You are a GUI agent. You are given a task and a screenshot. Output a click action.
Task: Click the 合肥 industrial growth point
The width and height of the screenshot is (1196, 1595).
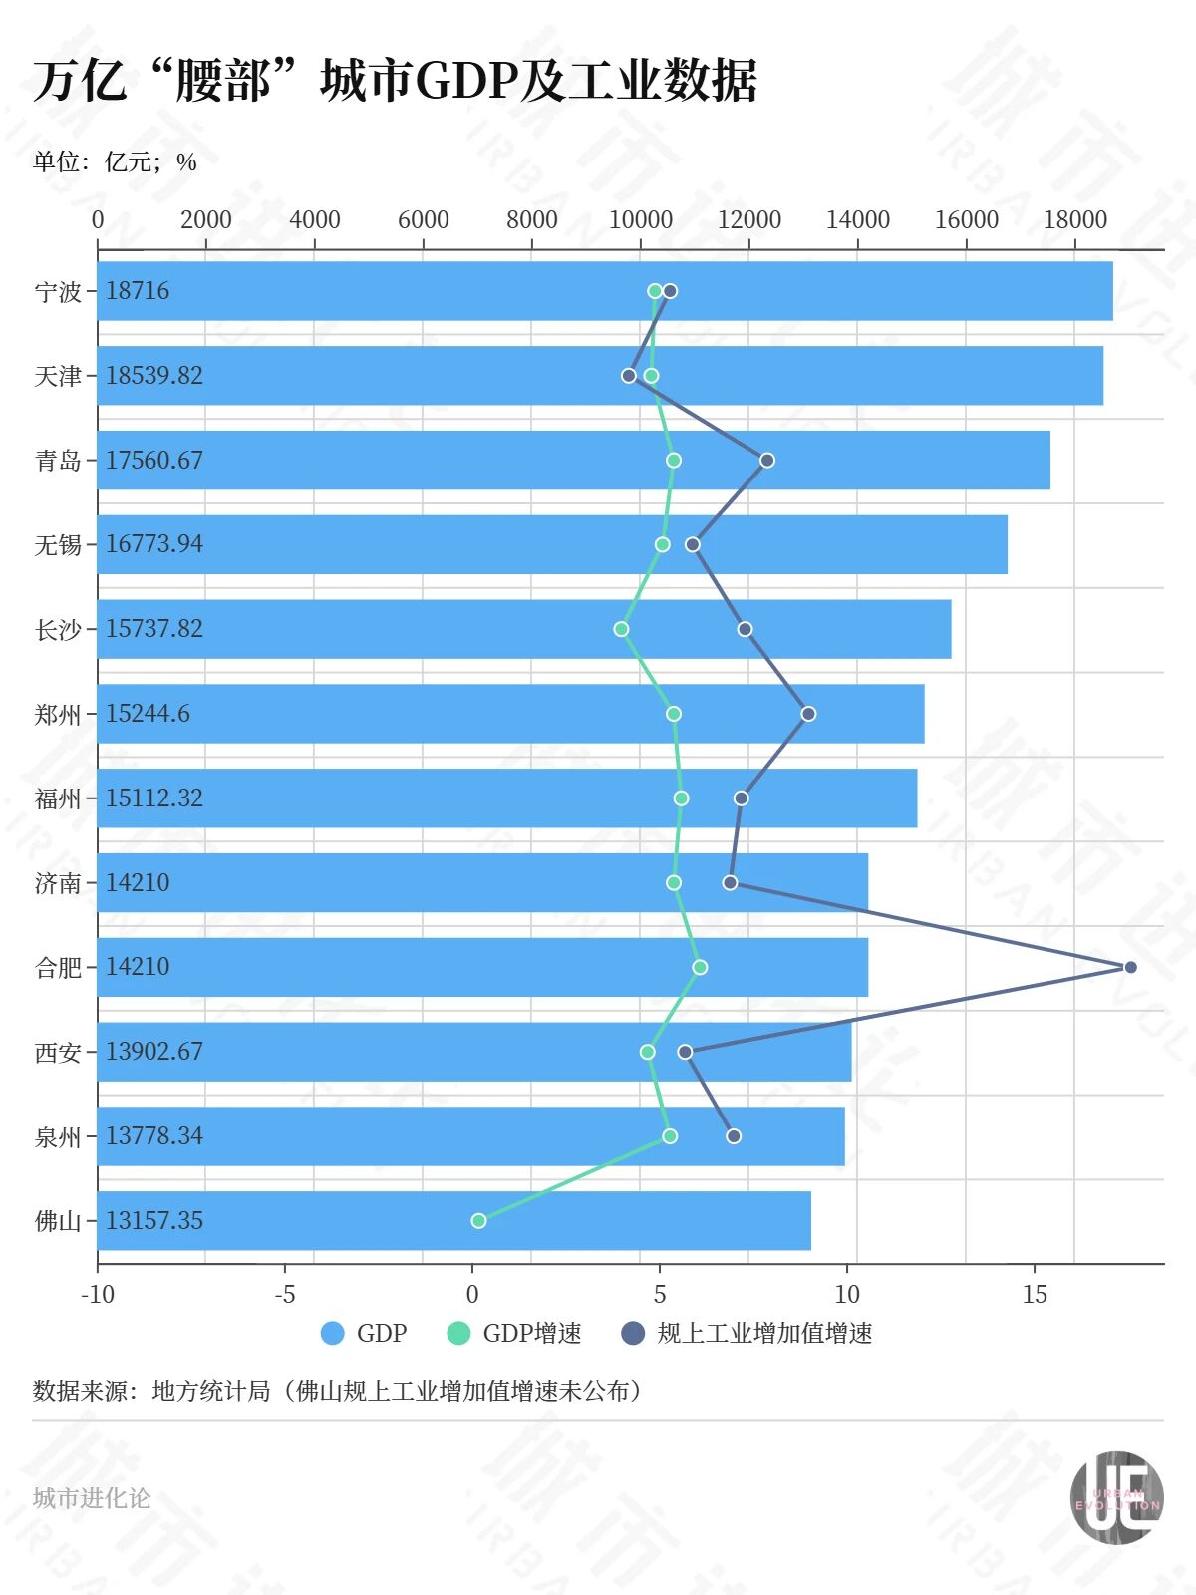[1130, 967]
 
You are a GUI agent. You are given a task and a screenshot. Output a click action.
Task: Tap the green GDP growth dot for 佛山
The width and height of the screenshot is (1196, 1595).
[478, 1220]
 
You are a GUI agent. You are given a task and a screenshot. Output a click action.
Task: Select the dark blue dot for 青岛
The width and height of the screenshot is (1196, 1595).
[767, 460]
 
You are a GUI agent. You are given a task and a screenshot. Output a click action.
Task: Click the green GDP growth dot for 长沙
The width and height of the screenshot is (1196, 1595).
[621, 629]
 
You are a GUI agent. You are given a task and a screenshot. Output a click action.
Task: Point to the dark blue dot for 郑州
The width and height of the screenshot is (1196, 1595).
[808, 714]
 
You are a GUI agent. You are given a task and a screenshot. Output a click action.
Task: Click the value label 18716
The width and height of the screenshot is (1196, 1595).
[138, 291]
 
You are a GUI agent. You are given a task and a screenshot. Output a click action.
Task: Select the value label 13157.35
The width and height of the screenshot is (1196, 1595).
[154, 1220]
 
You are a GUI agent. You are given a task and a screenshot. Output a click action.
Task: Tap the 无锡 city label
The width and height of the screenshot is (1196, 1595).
[58, 544]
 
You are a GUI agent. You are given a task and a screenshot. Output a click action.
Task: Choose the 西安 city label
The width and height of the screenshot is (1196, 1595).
[58, 1052]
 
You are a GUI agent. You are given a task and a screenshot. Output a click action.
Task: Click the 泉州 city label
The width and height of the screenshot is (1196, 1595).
[58, 1136]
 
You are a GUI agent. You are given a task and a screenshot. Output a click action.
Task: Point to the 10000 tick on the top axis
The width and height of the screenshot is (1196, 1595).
[641, 220]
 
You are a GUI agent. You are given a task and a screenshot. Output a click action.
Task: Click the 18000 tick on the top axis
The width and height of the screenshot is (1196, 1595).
[1074, 220]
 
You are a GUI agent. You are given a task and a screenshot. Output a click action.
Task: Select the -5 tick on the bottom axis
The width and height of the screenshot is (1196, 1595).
[285, 1295]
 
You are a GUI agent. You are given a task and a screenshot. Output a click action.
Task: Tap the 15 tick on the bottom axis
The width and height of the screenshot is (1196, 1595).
[1035, 1295]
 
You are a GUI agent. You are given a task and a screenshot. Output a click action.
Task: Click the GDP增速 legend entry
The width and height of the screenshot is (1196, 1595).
[531, 1333]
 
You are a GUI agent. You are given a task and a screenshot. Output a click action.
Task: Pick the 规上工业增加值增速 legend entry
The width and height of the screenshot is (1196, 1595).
[764, 1333]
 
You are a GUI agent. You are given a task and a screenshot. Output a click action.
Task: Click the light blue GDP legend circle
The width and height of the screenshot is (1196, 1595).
[333, 1333]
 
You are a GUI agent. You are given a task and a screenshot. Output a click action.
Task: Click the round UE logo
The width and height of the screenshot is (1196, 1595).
[1117, 1498]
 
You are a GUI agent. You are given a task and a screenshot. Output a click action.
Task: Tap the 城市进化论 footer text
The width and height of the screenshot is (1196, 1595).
[92, 1498]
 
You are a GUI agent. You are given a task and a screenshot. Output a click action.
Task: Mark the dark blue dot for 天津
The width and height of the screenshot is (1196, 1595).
[629, 376]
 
